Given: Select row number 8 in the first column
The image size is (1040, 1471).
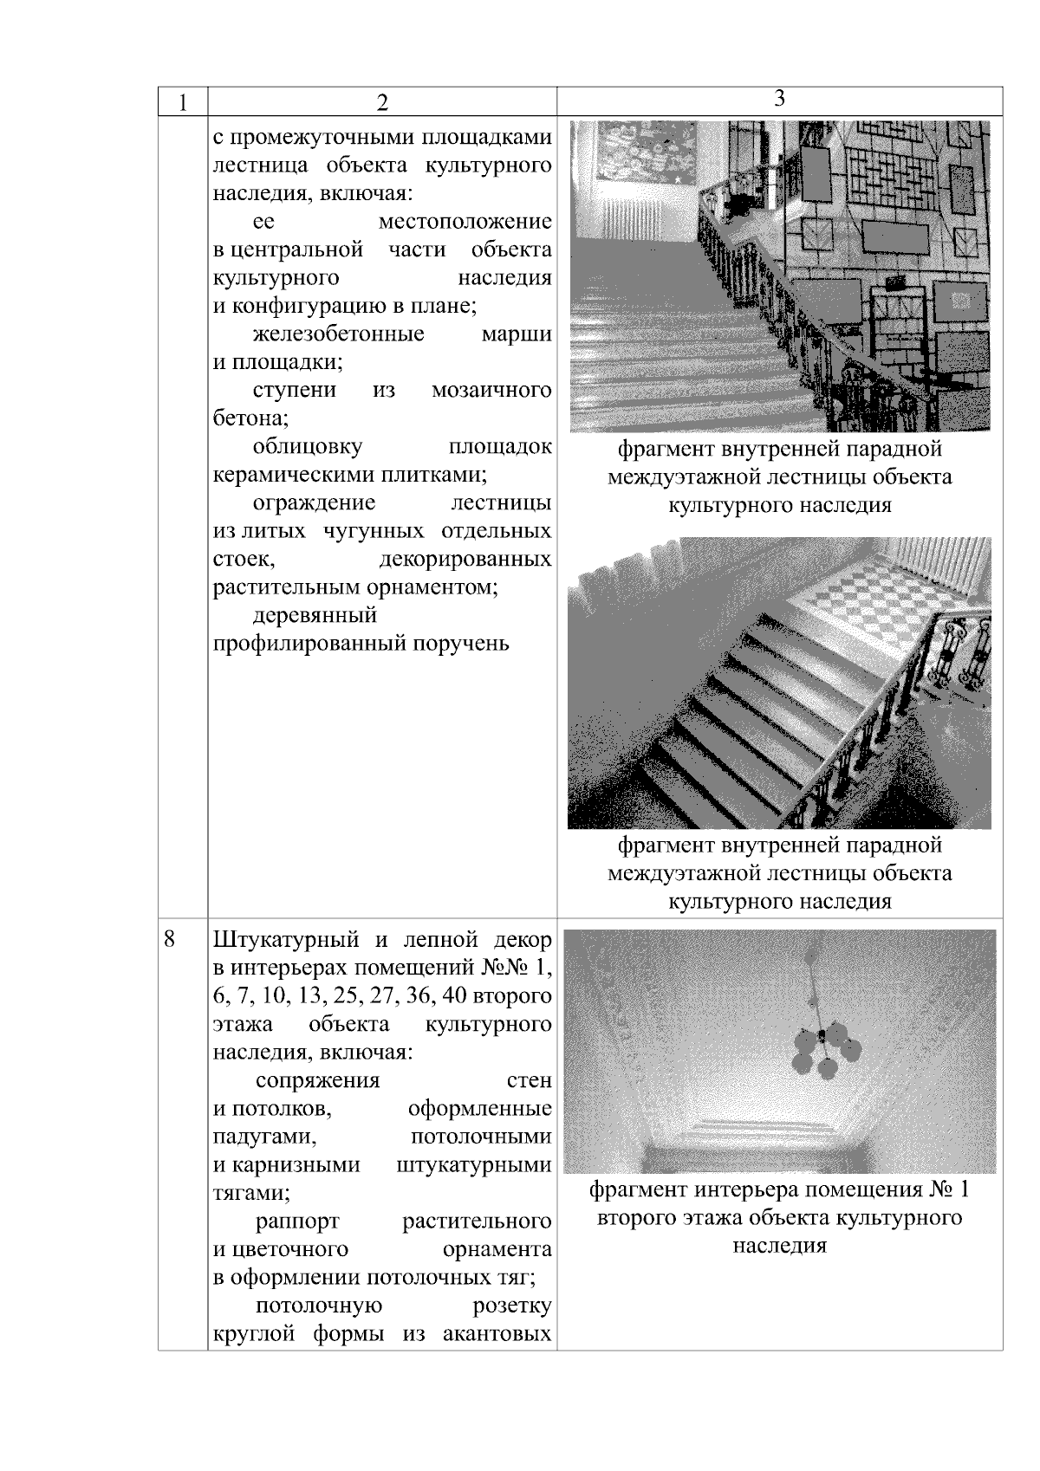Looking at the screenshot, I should click(170, 939).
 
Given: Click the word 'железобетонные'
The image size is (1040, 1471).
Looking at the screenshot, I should click(339, 334).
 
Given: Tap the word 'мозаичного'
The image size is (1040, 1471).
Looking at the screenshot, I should click(491, 391).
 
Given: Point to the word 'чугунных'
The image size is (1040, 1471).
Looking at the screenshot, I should click(374, 531).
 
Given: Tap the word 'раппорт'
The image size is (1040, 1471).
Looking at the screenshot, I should click(297, 1222).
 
